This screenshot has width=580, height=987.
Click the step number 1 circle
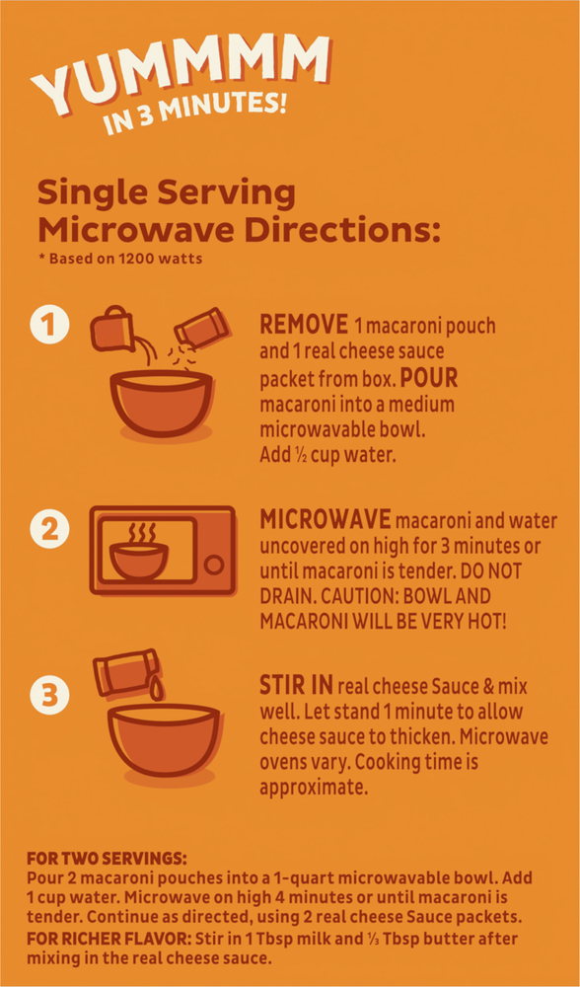click(48, 328)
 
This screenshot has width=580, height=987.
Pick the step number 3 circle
click(48, 695)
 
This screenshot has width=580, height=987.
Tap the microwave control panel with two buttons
click(215, 551)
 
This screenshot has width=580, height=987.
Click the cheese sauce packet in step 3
click(125, 672)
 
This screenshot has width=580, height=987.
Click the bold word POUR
click(429, 379)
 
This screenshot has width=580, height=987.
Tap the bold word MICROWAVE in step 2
click(326, 520)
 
